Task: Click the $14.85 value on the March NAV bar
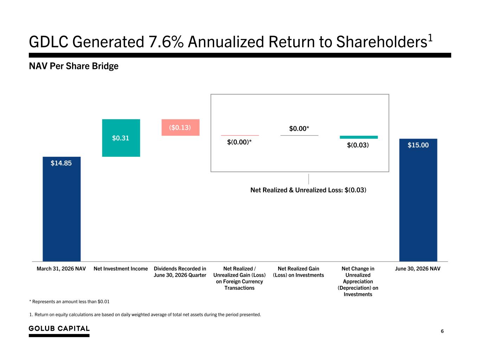[x=61, y=163]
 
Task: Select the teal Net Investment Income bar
[x=121, y=138]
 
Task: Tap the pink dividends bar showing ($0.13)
[x=180, y=127]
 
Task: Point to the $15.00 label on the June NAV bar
[x=418, y=145]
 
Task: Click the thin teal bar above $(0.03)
[x=359, y=137]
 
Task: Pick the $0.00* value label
[x=299, y=129]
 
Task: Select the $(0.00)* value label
[x=239, y=142]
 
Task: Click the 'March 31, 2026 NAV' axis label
[x=61, y=269]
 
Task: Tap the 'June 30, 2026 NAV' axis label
[x=418, y=269]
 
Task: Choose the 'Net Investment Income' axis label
[x=121, y=269]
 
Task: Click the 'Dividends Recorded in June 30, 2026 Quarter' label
[x=180, y=272]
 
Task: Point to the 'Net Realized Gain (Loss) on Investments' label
[x=299, y=272]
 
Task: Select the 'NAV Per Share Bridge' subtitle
[x=74, y=66]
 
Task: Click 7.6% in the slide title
[x=166, y=42]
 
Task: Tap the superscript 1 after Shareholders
[x=430, y=38]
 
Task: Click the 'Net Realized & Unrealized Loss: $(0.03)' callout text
[x=308, y=190]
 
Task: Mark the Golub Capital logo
[x=59, y=331]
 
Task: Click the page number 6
[x=442, y=331]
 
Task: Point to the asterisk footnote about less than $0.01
[x=69, y=302]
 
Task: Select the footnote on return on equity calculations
[x=145, y=315]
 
